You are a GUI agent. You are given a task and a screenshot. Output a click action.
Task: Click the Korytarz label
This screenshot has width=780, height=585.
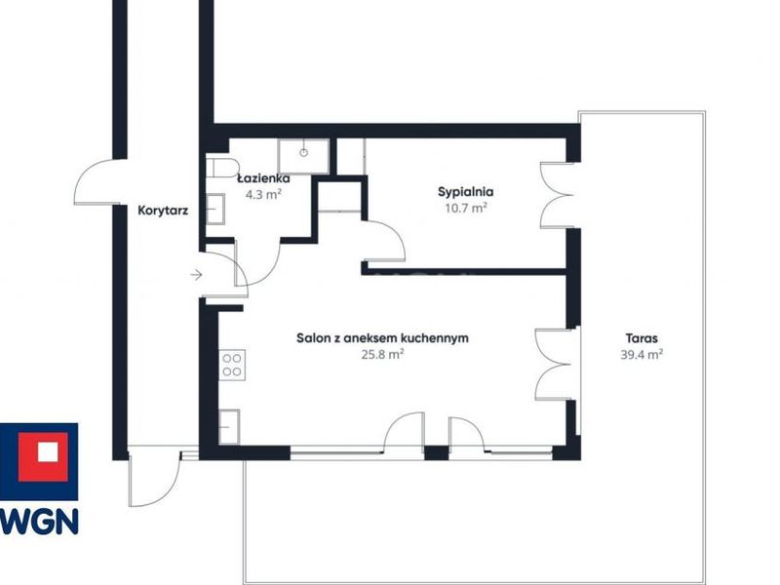(x=163, y=211)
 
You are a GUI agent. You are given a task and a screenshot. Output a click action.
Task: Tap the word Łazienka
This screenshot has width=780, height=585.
(x=263, y=178)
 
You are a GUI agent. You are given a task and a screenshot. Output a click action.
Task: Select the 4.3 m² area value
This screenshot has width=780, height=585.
(x=263, y=194)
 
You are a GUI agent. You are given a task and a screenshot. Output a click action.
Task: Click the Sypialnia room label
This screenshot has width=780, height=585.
(x=466, y=192)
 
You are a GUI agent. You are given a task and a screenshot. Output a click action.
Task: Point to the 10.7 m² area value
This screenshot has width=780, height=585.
(x=466, y=208)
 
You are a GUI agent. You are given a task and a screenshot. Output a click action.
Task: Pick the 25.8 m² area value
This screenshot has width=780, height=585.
(x=382, y=355)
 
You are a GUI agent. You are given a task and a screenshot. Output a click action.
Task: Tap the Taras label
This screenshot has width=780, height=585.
(x=642, y=338)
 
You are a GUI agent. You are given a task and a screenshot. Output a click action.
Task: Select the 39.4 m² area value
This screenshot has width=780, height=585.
(x=642, y=355)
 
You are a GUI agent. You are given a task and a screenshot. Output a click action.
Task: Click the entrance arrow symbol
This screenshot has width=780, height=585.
(x=197, y=274)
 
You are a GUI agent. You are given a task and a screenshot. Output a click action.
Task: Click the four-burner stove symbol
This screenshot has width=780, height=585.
(x=232, y=365)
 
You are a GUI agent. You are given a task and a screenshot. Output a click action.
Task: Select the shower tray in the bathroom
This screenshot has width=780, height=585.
(x=303, y=157)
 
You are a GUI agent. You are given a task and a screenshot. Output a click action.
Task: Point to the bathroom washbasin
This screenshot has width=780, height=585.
(x=215, y=209)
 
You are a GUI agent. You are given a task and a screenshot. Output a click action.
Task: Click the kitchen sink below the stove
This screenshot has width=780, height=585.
(x=229, y=427)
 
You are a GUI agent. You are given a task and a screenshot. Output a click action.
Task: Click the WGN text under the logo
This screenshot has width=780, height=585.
(x=39, y=522)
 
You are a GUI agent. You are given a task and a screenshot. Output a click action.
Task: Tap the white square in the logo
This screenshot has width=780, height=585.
(x=48, y=451)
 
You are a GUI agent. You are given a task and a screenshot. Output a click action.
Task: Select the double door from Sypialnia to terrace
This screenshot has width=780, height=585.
(x=556, y=196)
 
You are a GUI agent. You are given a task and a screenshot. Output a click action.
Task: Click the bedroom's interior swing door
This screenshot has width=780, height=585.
(x=383, y=241)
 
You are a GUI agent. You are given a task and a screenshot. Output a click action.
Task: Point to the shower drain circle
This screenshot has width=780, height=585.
(x=304, y=153)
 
